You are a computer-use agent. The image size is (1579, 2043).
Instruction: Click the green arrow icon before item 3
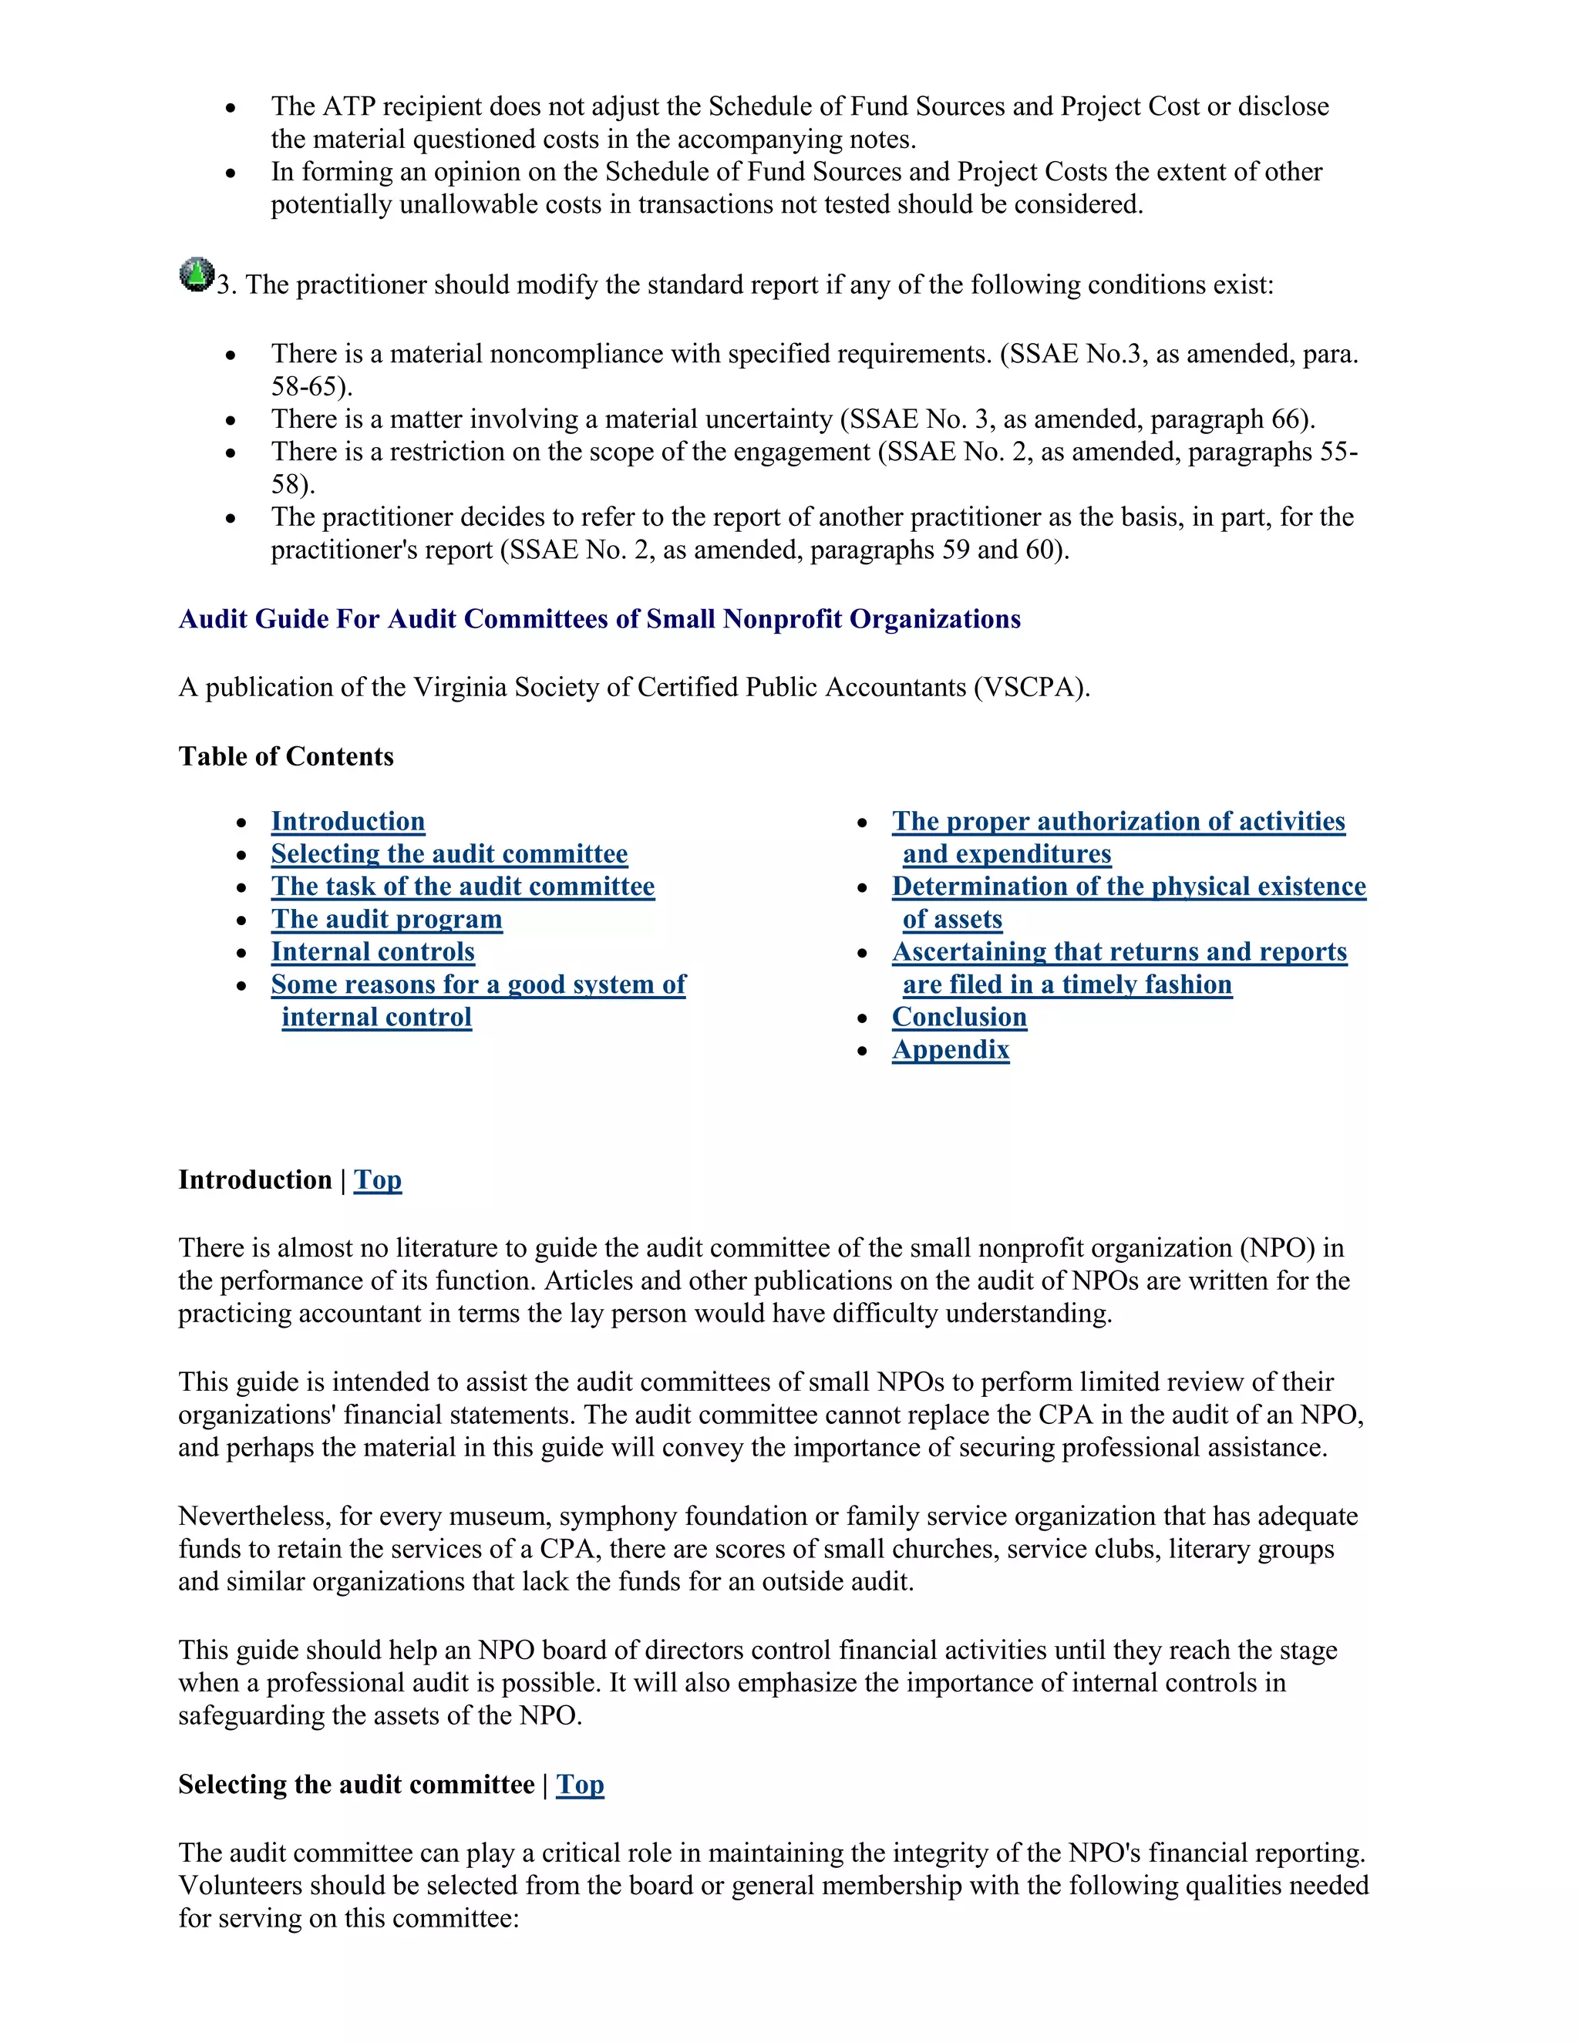click(197, 274)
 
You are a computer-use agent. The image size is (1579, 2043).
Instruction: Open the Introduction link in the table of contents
click(347, 821)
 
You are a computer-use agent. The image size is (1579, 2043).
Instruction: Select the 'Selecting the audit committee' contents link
click(449, 854)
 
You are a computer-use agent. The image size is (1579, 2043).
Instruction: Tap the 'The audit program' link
click(386, 920)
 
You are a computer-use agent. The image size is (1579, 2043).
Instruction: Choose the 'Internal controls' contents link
click(372, 952)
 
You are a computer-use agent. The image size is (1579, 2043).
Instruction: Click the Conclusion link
click(959, 1018)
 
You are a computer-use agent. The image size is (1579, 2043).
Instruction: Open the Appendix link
click(951, 1051)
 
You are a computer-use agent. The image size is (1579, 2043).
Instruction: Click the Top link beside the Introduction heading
click(378, 1180)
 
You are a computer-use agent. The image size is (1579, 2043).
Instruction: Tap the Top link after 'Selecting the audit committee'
click(580, 1785)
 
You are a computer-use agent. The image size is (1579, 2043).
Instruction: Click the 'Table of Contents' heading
click(286, 757)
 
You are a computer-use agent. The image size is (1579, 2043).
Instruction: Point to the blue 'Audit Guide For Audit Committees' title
click(598, 619)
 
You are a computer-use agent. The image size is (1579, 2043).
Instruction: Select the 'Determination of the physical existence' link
click(1128, 887)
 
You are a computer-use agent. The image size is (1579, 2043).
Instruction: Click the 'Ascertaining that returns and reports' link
click(1119, 952)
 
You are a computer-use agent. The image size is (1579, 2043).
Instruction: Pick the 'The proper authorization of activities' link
click(1118, 821)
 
